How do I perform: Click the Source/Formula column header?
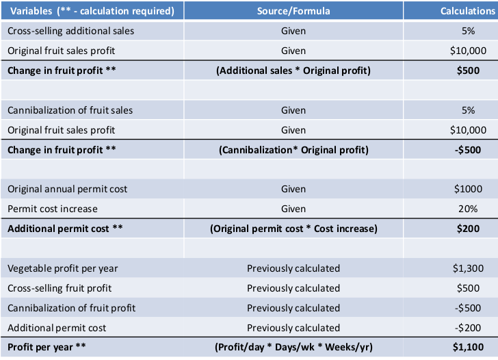click(x=293, y=11)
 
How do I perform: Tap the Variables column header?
click(x=90, y=11)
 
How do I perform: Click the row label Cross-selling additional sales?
click(x=70, y=31)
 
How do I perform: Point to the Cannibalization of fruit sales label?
click(x=70, y=110)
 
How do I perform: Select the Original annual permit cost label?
click(x=67, y=189)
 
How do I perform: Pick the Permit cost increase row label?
click(x=52, y=209)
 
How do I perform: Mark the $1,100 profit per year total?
click(x=469, y=347)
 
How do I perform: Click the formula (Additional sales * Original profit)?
click(x=293, y=70)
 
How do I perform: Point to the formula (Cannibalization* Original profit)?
click(x=293, y=150)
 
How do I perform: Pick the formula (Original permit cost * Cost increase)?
click(x=293, y=229)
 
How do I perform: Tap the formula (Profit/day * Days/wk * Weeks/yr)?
click(x=293, y=347)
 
